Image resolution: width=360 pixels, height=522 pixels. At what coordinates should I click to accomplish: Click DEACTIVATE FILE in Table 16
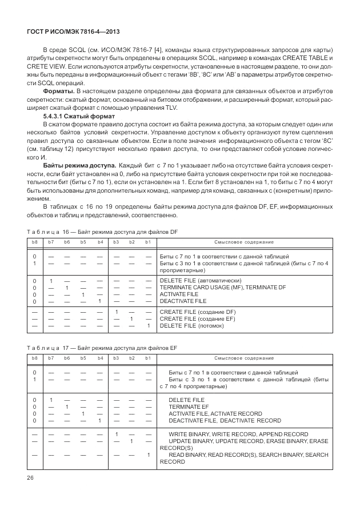pyautogui.click(x=183, y=301)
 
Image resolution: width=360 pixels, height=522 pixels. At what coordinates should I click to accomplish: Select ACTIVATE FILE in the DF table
pyautogui.click(x=178, y=294)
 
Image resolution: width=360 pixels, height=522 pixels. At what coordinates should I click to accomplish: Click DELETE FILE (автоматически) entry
pyautogui.click(x=201, y=280)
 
